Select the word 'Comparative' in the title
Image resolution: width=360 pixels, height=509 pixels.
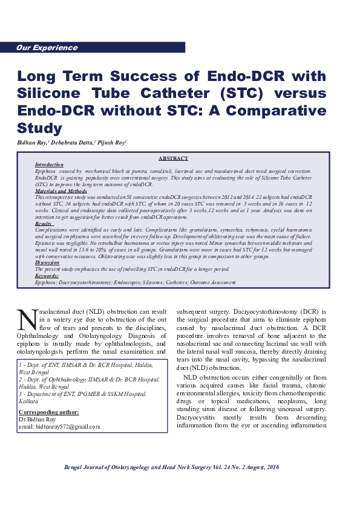click(x=276, y=111)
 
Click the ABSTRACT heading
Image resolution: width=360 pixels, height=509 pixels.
click(x=173, y=158)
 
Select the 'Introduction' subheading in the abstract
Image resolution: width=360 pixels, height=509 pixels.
click(x=49, y=164)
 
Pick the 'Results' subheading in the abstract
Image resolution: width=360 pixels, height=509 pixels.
click(x=44, y=224)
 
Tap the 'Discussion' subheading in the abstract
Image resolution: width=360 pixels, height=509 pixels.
click(x=47, y=263)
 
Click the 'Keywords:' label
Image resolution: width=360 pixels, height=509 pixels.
click(x=47, y=276)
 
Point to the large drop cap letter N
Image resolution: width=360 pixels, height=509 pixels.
click(x=27, y=320)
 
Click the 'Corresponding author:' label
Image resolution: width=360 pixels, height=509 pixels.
click(x=48, y=412)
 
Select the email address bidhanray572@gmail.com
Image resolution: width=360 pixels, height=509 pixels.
click(x=67, y=426)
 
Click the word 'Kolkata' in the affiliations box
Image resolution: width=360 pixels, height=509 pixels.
click(x=29, y=401)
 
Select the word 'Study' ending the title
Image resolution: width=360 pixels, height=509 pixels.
click(x=40, y=129)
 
